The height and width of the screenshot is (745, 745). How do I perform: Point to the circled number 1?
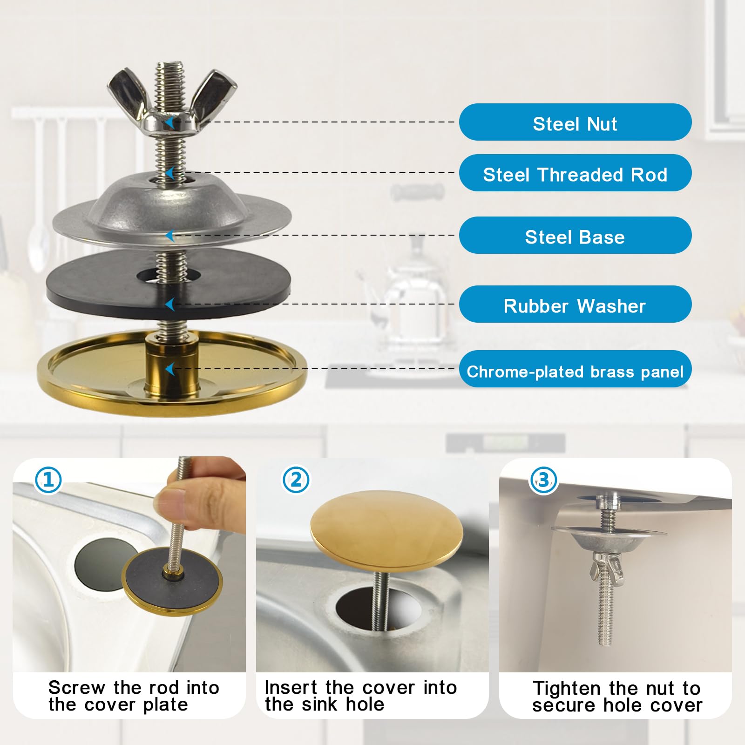pos(48,480)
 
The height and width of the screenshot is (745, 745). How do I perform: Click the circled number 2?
pos(296,480)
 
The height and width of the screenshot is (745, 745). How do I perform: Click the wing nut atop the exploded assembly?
pos(172,100)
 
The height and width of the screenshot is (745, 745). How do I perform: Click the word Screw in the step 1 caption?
pos(77,687)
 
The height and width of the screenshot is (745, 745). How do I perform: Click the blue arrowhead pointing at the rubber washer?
pos(170,305)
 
